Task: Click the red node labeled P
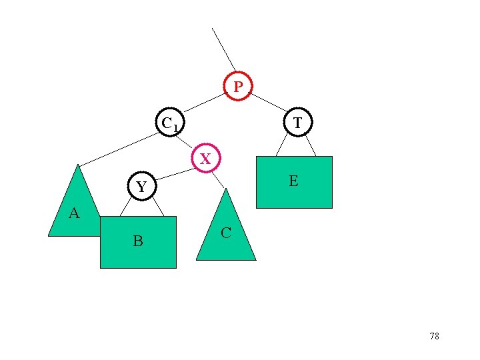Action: (238, 86)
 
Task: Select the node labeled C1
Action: (170, 122)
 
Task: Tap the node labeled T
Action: (297, 122)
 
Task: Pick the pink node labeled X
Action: (205, 158)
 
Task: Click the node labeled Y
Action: (141, 187)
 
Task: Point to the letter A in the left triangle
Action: (74, 213)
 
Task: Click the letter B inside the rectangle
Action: (137, 241)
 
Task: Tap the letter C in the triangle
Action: (226, 233)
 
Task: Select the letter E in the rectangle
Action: (293, 181)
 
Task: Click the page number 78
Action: (434, 337)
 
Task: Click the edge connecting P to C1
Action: (204, 102)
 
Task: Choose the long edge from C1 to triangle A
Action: (119, 148)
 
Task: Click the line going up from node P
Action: (223, 49)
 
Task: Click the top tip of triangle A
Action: (78, 165)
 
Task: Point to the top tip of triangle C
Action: (227, 189)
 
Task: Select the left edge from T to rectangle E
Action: (282, 144)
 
